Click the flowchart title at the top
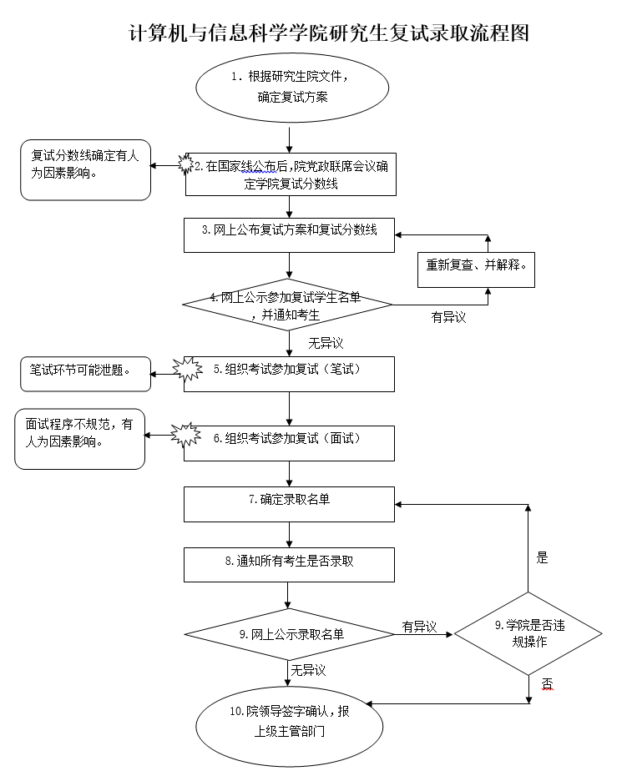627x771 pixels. (x=329, y=33)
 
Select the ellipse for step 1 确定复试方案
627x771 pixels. (x=292, y=86)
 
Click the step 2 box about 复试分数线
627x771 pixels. (x=290, y=174)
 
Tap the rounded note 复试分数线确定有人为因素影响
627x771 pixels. (x=85, y=169)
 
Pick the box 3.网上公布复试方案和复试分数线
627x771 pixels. (x=289, y=234)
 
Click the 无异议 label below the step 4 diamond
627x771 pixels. (x=326, y=342)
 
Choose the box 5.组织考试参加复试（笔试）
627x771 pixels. (x=289, y=374)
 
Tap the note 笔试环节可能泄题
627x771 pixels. (x=85, y=372)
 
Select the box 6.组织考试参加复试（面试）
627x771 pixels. (x=289, y=443)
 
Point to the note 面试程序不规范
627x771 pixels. (x=79, y=439)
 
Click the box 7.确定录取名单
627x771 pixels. (x=289, y=505)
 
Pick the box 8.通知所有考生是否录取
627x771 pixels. (x=289, y=565)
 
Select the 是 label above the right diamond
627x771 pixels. (x=543, y=558)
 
